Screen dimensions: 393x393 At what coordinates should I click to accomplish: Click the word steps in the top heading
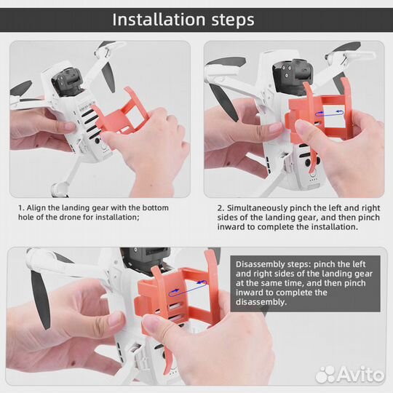pos(233,20)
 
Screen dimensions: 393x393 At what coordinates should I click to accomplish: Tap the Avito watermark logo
pos(350,375)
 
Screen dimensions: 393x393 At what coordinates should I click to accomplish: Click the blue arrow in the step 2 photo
pos(329,113)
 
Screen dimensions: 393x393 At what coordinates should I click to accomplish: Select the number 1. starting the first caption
pos(21,207)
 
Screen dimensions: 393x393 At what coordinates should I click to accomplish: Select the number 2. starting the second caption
pos(221,208)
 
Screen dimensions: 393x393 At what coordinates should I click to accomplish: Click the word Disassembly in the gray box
pos(260,264)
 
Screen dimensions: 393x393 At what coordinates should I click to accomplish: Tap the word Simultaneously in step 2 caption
pos(258,208)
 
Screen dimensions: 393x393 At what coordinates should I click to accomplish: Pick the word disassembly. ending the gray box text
pos(261,302)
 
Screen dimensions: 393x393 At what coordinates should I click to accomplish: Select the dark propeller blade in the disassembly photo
pos(40,299)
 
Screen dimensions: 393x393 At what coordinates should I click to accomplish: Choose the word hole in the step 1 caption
pos(25,217)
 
